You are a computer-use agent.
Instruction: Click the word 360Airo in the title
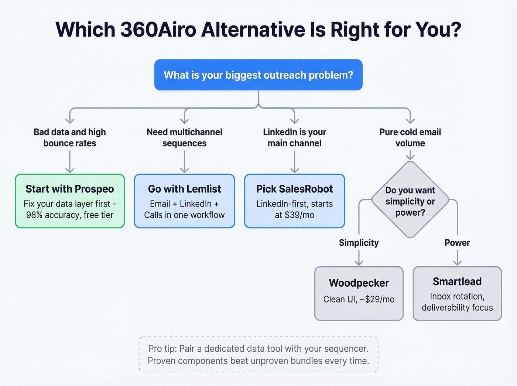158,30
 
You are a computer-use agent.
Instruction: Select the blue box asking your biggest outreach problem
258,75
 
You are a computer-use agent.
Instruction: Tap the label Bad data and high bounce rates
70,137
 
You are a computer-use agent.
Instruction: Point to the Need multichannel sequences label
184,137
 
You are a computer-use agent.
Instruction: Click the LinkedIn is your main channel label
294,137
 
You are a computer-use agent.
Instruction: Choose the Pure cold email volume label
410,137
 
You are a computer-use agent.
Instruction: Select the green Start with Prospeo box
70,201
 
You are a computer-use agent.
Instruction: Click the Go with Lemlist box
184,201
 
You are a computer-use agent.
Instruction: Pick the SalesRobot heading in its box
294,189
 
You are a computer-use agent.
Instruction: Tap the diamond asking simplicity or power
410,201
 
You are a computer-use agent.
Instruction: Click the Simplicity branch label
359,243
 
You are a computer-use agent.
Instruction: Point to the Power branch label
457,243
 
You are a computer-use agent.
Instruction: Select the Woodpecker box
359,293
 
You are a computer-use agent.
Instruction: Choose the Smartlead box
457,293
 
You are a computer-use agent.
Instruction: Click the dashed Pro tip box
258,354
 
